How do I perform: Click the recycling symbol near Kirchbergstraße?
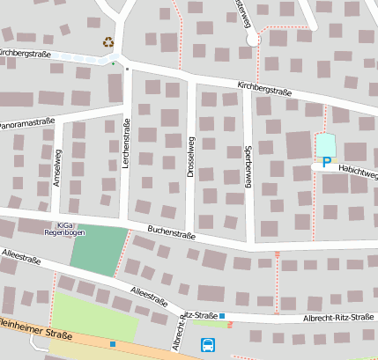click(x=108, y=41)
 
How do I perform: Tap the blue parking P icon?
click(x=327, y=162)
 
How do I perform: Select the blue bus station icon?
click(x=208, y=344)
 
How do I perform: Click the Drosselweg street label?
click(x=190, y=157)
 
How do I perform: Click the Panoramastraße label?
click(x=27, y=124)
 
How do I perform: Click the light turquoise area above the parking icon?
click(x=326, y=143)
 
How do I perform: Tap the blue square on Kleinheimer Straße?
click(x=113, y=343)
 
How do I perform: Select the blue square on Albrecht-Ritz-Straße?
click(x=222, y=315)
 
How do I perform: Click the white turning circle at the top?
click(x=255, y=40)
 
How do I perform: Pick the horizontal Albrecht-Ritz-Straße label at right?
click(x=339, y=318)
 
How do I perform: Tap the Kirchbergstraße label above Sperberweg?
click(x=264, y=88)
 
